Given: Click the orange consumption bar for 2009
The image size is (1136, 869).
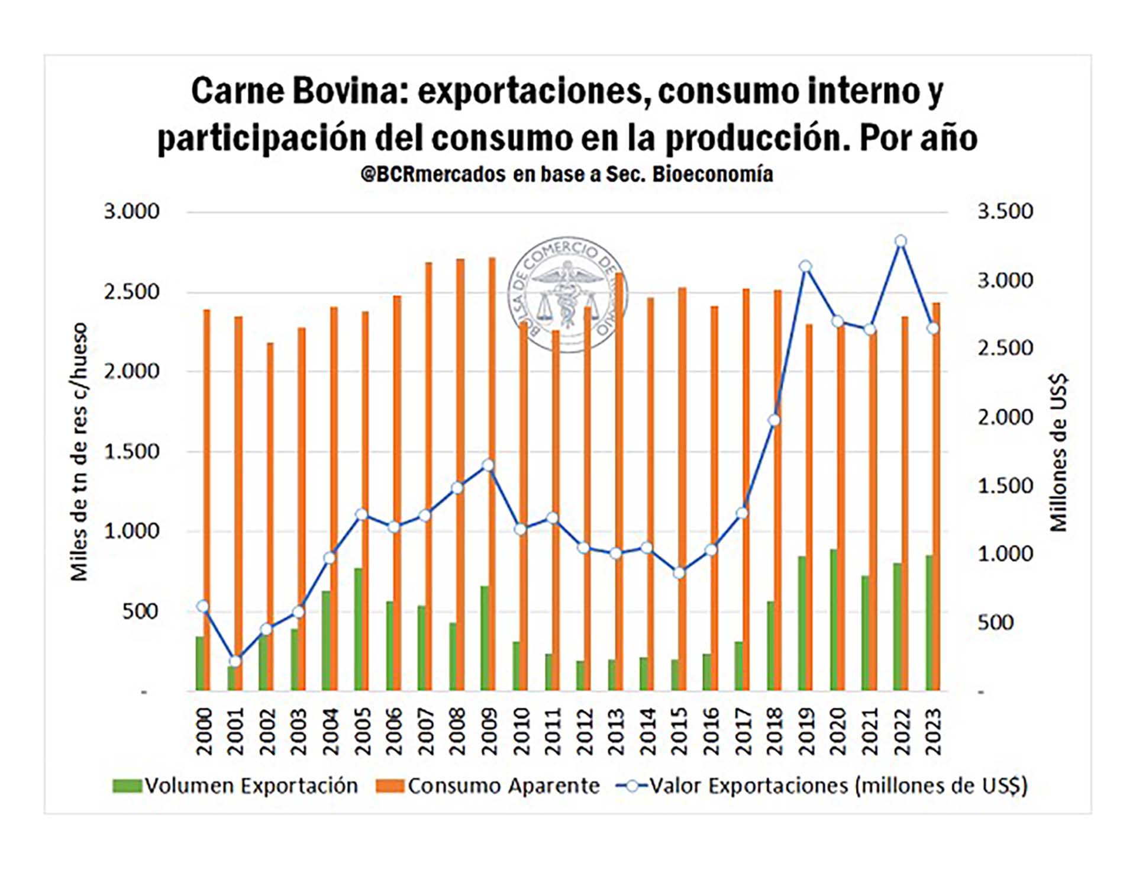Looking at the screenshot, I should [492, 474].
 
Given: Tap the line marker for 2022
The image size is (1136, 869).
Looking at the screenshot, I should [901, 241].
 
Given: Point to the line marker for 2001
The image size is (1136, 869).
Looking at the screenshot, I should [235, 661].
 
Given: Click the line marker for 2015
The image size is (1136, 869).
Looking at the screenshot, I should [679, 572].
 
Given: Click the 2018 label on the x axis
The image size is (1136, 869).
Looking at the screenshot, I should [774, 732].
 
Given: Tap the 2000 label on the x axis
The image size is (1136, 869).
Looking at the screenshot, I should [204, 732].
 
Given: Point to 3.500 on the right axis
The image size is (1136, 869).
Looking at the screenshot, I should [1005, 211].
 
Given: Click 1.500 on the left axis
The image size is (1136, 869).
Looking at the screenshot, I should [132, 452].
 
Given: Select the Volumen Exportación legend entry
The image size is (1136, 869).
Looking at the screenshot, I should [237, 786].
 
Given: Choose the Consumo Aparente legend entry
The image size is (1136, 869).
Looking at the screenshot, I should [489, 786].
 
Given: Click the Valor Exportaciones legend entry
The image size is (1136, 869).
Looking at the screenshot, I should [822, 786].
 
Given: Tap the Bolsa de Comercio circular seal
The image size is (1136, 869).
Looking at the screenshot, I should [567, 294].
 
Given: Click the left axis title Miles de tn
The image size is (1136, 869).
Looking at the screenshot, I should [79, 452].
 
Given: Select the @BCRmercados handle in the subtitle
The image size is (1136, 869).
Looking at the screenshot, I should [433, 174].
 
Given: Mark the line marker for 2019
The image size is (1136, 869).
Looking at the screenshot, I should [805, 266].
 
